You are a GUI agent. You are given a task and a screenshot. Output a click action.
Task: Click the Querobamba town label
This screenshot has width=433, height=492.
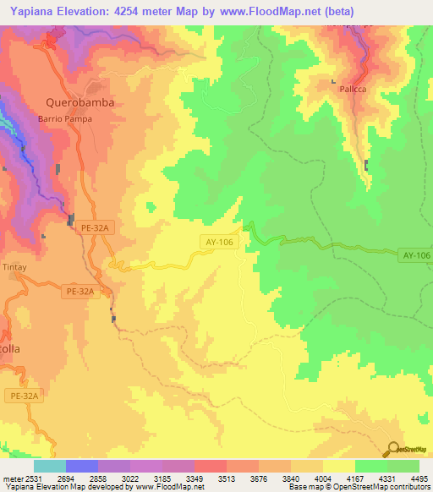click(x=79, y=102)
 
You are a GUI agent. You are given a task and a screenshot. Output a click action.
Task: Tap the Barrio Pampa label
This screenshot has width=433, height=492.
click(x=64, y=119)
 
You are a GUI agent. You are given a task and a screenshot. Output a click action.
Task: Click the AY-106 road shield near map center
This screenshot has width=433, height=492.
click(x=219, y=242)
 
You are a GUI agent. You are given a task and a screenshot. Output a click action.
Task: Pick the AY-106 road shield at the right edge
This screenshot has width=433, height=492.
click(x=416, y=254)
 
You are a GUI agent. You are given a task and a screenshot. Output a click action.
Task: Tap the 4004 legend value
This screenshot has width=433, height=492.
click(x=323, y=478)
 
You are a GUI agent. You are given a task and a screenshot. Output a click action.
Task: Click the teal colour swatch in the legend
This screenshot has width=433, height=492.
click(x=49, y=466)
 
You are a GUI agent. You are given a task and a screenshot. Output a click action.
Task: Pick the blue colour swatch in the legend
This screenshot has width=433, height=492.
click(x=81, y=466)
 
